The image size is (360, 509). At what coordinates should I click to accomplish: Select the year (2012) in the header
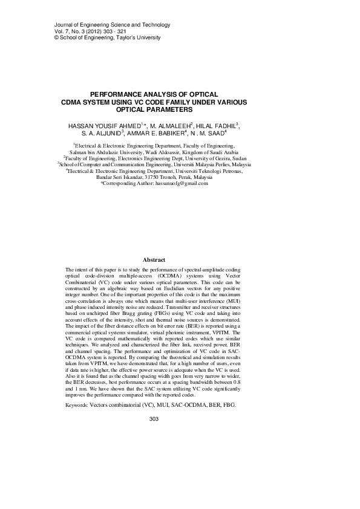tap(88, 31)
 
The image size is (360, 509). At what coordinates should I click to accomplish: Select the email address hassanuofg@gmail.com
tap(182, 183)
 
